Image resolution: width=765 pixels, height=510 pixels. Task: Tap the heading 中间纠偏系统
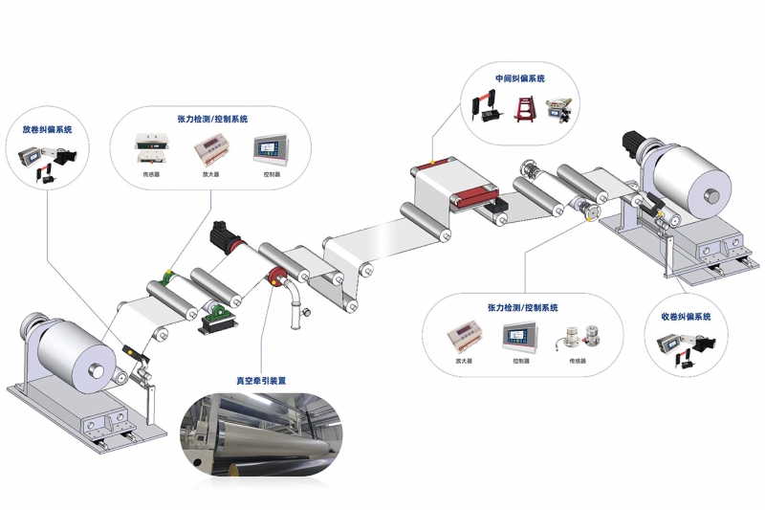519,78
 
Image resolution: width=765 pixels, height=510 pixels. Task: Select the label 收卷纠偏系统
687,316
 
